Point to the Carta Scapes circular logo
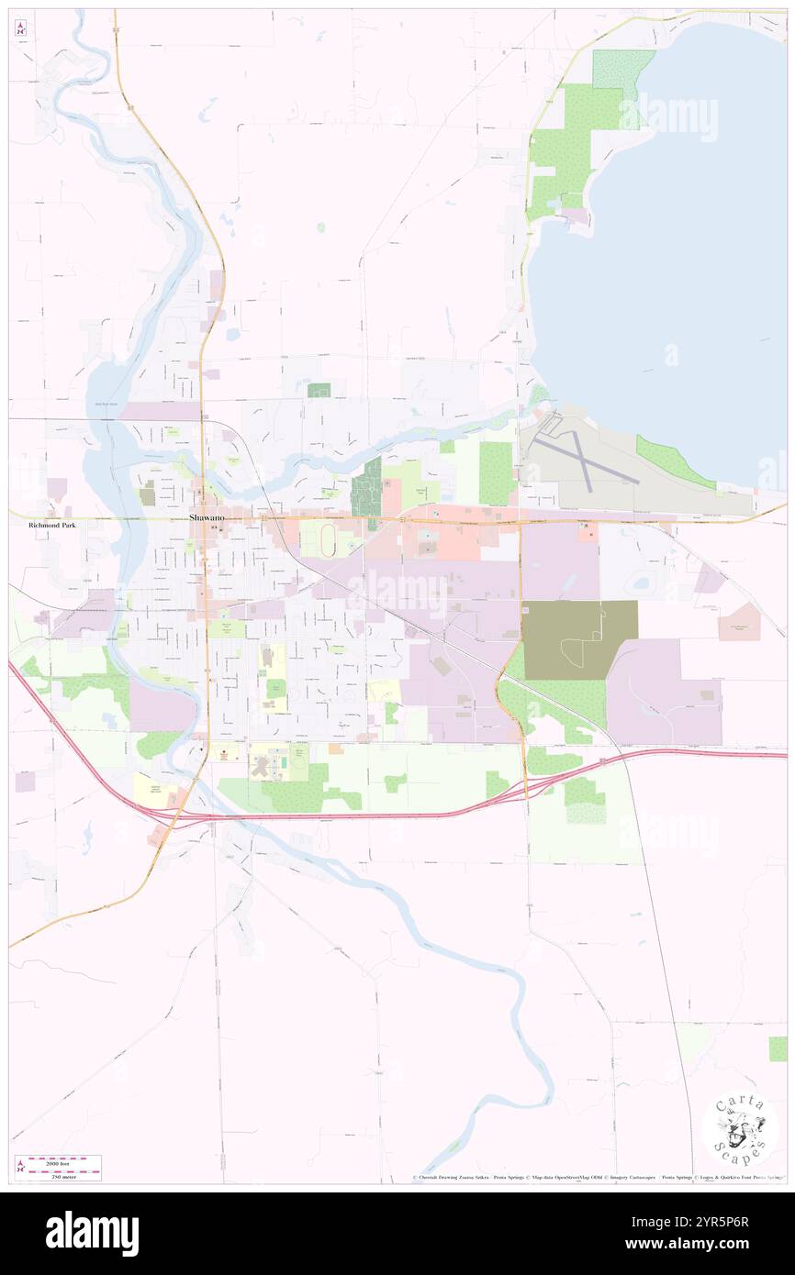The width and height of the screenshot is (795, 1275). (x=740, y=1127)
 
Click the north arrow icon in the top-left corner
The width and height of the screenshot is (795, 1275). (x=21, y=29)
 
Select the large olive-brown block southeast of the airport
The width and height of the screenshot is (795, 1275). (x=578, y=639)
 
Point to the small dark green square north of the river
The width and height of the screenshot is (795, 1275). (x=319, y=391)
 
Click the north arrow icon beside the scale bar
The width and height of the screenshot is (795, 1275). (x=19, y=1167)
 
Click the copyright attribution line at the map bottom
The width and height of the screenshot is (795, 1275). (x=597, y=1178)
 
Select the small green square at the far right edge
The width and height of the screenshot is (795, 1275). (x=778, y=1048)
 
